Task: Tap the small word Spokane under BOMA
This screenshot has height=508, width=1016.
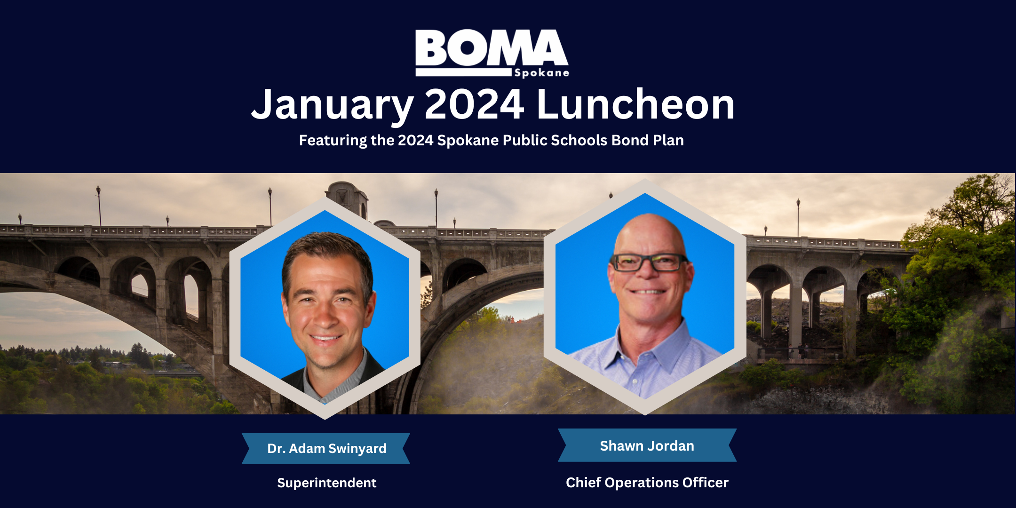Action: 541,73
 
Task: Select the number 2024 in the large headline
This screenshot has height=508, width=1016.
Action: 474,104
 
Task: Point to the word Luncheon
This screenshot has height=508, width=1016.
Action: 635,104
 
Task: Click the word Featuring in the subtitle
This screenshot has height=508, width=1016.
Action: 333,141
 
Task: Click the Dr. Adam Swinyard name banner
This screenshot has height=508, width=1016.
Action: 326,449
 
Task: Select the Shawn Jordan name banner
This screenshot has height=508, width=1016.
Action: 647,445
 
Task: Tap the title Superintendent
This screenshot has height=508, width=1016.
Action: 326,483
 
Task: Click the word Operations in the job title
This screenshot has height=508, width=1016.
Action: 642,483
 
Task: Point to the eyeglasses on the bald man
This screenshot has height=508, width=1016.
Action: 649,262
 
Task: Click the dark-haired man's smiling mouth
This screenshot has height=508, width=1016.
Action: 325,338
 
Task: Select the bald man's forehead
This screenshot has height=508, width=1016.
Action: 649,235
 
